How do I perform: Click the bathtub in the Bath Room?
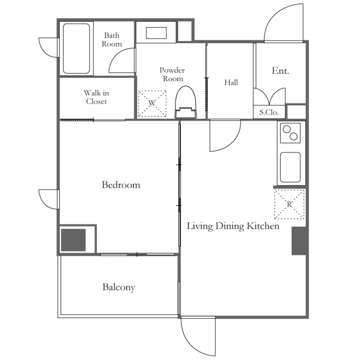[x=76, y=49]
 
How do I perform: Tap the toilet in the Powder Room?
[x=185, y=103]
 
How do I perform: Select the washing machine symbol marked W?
[x=152, y=103]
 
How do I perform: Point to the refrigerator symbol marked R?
[x=289, y=204]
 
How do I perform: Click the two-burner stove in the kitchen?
[x=290, y=133]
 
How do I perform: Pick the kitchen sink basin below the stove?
[x=290, y=167]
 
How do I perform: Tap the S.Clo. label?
[x=269, y=112]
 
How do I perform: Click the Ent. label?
[x=280, y=71]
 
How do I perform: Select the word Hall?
[x=231, y=82]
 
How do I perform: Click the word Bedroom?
[x=121, y=185]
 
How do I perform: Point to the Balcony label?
[x=118, y=287]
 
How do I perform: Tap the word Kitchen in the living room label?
[x=263, y=226]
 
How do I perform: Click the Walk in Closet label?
[x=96, y=97]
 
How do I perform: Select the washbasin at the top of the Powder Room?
[x=156, y=33]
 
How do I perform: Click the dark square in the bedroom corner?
[x=73, y=240]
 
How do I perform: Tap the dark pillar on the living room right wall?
[x=299, y=241]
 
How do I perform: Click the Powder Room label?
[x=172, y=74]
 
